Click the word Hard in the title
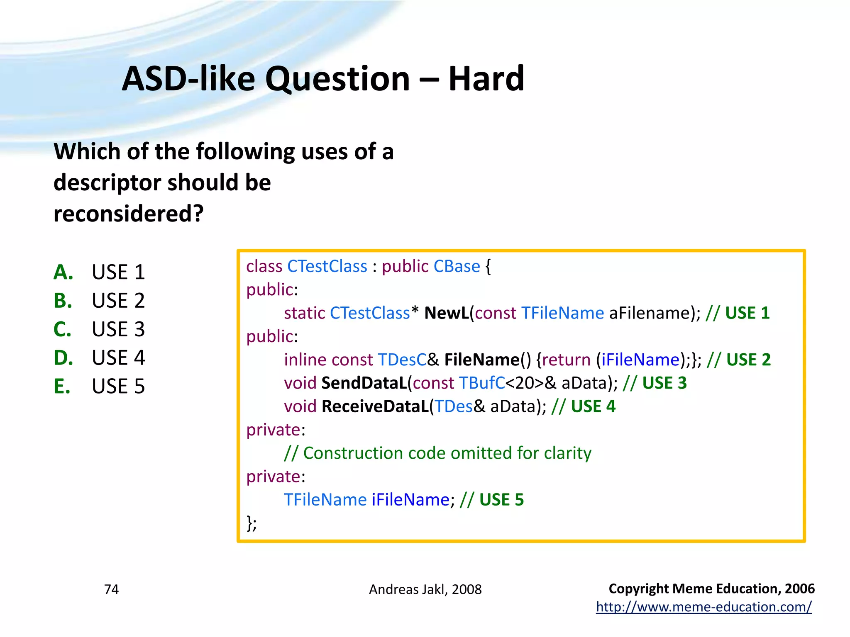486,79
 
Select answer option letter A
63,272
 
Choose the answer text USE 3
118,329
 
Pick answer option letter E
62,387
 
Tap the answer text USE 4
118,358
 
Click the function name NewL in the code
447,313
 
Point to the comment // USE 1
738,313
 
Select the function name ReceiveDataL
375,406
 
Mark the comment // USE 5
492,500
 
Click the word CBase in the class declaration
457,266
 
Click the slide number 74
111,589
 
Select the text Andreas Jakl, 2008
425,589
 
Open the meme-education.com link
703,607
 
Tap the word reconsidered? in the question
129,214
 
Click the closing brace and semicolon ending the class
252,523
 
